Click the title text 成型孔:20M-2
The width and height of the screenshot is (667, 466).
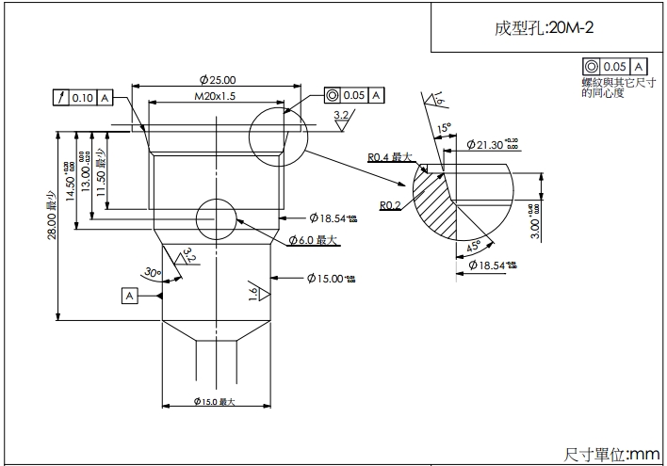tap(545, 27)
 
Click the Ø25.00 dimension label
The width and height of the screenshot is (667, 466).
tap(218, 80)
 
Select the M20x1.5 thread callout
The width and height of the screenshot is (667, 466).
tap(215, 97)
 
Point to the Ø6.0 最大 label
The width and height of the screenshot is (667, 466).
tap(313, 240)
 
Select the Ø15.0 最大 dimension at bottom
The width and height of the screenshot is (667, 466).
tap(215, 401)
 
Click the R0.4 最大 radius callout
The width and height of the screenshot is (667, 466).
tap(390, 157)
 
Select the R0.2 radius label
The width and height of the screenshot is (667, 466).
tap(391, 205)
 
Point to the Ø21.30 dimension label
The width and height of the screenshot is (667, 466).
tap(493, 144)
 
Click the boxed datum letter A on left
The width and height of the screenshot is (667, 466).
tap(129, 296)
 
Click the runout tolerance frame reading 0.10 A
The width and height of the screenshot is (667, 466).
tap(83, 97)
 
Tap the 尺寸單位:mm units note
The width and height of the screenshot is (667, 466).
tap(612, 454)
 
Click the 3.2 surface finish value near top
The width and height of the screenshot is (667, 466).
tap(342, 115)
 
